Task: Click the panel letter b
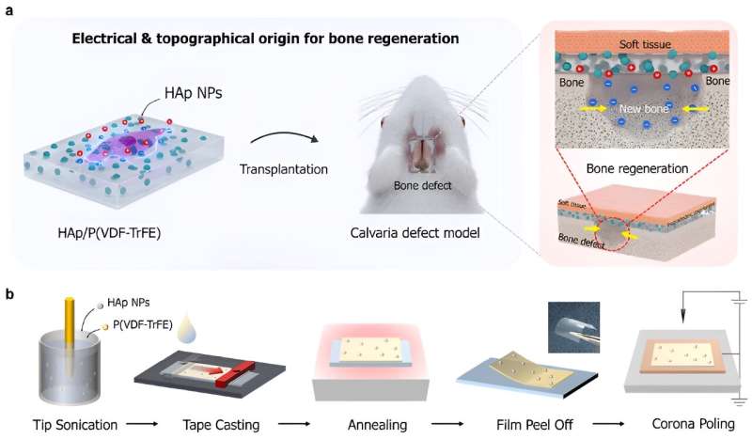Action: [10, 294]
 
